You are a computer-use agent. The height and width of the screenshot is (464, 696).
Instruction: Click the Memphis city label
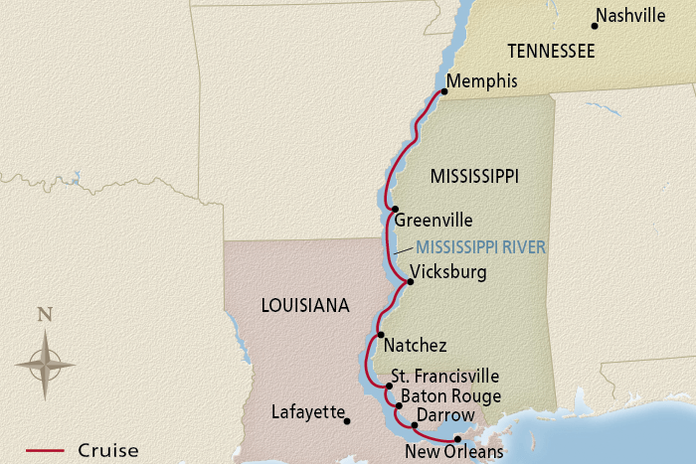coord(482,81)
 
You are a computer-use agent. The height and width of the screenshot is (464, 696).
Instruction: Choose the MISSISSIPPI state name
coord(474,176)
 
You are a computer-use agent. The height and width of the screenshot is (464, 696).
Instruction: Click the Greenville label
coord(434,221)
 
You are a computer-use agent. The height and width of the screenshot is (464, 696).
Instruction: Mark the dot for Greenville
coord(396,210)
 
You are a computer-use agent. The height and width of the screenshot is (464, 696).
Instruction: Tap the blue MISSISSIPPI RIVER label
coord(481,247)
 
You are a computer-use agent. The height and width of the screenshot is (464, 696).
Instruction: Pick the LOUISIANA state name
coord(305,306)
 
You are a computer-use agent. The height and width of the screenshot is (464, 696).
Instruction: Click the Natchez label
coord(415,346)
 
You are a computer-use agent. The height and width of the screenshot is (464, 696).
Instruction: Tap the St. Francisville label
coord(444,377)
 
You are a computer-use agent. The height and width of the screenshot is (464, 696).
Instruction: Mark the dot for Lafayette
coord(347,421)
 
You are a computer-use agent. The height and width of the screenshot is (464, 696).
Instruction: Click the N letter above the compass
coord(44,315)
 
